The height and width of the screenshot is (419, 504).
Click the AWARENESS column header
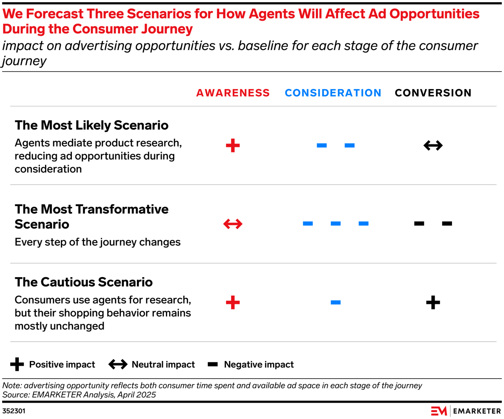(233, 93)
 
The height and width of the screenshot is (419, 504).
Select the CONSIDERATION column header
(333, 93)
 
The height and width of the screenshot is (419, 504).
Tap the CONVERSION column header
(433, 93)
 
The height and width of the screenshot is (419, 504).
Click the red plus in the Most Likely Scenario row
(233, 146)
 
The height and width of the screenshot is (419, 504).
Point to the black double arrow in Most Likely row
(433, 146)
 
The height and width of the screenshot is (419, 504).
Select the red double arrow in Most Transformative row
(233, 224)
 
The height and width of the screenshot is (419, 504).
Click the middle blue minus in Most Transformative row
(336, 224)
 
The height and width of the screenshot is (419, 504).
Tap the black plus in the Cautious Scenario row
(433, 302)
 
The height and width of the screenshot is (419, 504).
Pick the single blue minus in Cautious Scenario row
(336, 302)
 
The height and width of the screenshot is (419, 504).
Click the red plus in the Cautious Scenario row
(233, 302)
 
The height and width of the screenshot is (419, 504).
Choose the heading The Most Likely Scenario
(92, 125)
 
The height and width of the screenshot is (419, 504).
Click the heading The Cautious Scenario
(84, 282)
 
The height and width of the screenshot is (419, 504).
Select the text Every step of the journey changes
(97, 242)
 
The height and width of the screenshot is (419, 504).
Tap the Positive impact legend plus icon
(17, 364)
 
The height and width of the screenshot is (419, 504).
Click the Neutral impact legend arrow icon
(118, 364)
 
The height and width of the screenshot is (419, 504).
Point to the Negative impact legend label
(259, 364)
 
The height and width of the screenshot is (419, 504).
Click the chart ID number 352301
(13, 411)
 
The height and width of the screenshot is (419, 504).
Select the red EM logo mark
(439, 411)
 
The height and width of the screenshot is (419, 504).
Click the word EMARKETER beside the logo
(477, 411)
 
